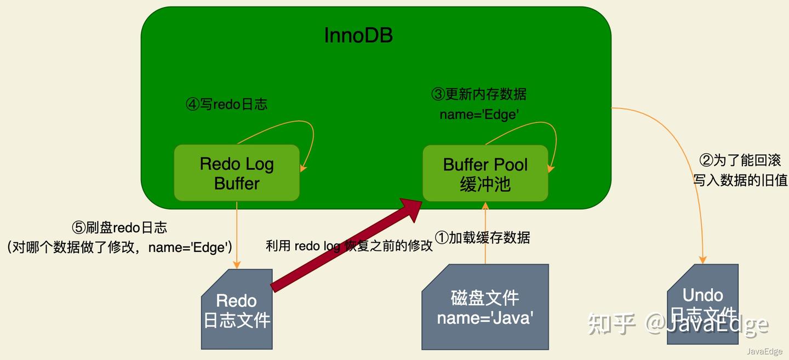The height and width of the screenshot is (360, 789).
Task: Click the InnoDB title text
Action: pyautogui.click(x=358, y=36)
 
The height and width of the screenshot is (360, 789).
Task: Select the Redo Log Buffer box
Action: pyautogui.click(x=237, y=173)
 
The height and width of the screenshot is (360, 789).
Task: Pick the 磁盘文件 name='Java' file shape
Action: pyautogui.click(x=485, y=307)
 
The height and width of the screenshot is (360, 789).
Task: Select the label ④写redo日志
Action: pyautogui.click(x=226, y=104)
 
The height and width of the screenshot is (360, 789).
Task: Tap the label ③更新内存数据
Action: pyautogui.click(x=479, y=94)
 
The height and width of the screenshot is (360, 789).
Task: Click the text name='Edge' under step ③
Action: pyautogui.click(x=479, y=115)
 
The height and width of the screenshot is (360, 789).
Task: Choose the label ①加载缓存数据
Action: pyautogui.click(x=482, y=237)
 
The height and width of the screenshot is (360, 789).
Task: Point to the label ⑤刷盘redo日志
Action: pyautogui.click(x=119, y=227)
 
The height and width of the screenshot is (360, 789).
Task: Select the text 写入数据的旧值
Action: pyautogui.click(x=740, y=180)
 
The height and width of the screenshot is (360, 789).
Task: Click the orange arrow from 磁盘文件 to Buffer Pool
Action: pyautogui.click(x=485, y=233)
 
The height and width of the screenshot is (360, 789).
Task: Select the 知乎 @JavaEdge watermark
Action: pyautogui.click(x=678, y=324)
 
